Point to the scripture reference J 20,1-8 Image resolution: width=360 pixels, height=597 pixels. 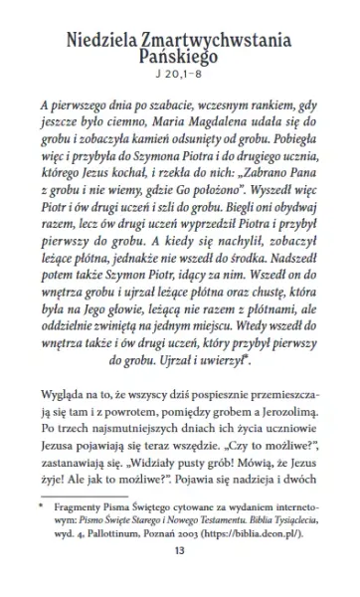180,79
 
